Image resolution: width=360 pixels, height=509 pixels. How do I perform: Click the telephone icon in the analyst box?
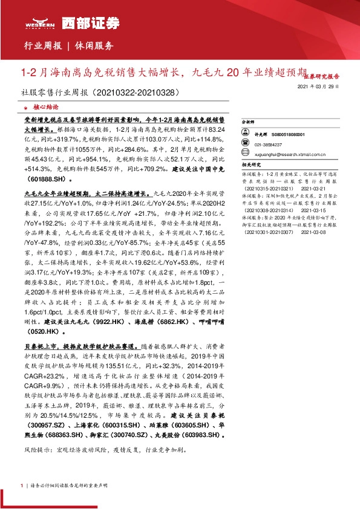[245, 144]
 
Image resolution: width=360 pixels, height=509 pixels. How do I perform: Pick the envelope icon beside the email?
[245, 154]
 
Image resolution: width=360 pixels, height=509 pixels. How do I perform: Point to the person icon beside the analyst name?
[245, 134]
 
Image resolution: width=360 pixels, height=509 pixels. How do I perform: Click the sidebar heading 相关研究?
[250, 164]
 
